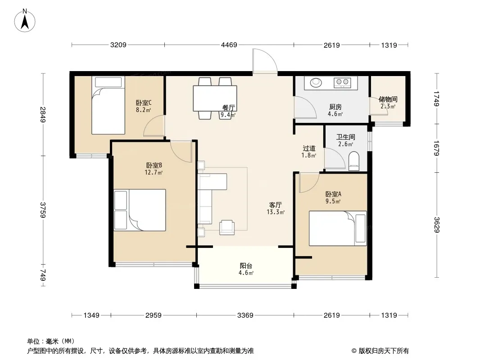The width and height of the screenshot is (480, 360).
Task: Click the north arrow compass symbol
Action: click(25, 20)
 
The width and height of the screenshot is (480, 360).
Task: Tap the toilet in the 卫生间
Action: click(354, 161)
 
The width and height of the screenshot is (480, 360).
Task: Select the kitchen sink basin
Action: click(316, 82)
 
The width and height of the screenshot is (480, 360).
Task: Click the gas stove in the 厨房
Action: click(342, 81)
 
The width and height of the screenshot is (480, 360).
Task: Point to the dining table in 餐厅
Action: click(215, 98)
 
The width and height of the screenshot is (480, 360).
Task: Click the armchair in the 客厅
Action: click(227, 227)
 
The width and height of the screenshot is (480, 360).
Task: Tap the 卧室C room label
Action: click(144, 103)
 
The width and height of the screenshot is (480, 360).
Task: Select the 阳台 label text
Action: click(246, 266)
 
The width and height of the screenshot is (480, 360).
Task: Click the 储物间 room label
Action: click(388, 99)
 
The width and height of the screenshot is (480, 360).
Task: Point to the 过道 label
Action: click(309, 148)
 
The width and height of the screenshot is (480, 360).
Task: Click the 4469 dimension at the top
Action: click(229, 45)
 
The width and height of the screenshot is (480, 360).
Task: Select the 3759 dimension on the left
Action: click(42, 210)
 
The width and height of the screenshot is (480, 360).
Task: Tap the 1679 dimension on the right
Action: click(436, 148)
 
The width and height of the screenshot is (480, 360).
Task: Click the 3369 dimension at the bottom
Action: click(245, 315)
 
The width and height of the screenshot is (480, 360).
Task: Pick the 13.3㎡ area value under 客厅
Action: click(276, 212)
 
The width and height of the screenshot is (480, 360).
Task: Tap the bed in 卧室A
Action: click(338, 228)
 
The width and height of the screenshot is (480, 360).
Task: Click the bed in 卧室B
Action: click(140, 210)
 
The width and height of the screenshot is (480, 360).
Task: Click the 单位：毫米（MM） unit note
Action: click(51, 341)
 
